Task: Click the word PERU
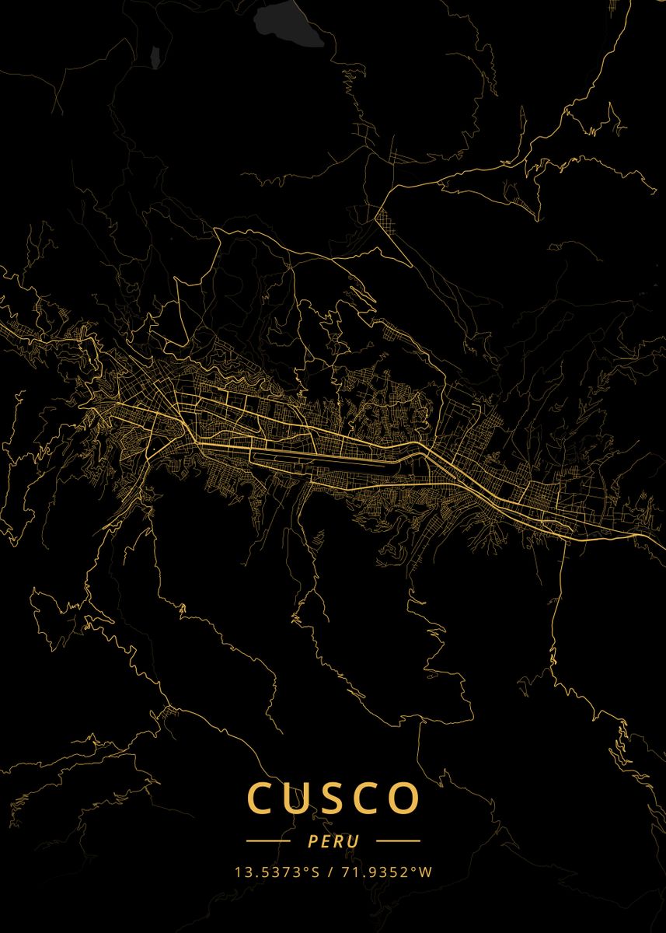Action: (333, 841)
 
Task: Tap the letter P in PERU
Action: (312, 841)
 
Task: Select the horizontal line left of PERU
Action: (268, 841)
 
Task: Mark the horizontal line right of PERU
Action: (398, 841)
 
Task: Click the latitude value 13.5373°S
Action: (277, 872)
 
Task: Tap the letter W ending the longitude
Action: (424, 872)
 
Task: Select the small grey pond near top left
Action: (155, 56)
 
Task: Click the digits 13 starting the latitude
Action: (241, 872)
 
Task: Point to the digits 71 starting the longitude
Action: (347, 872)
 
